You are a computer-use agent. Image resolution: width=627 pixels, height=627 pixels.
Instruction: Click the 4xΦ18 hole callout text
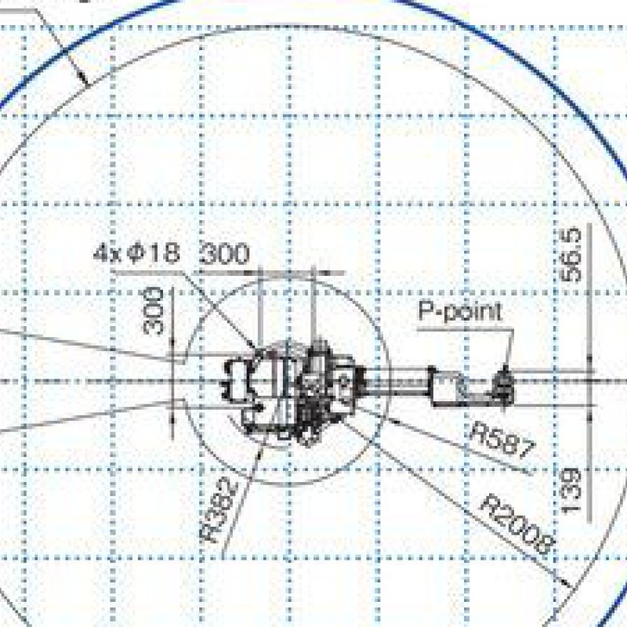click(x=136, y=252)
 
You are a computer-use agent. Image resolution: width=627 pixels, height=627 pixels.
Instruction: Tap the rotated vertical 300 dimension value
click(x=154, y=310)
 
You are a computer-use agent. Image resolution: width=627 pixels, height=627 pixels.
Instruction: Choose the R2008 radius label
click(x=517, y=524)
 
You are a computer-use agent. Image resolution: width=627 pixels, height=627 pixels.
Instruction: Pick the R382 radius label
click(x=219, y=511)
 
